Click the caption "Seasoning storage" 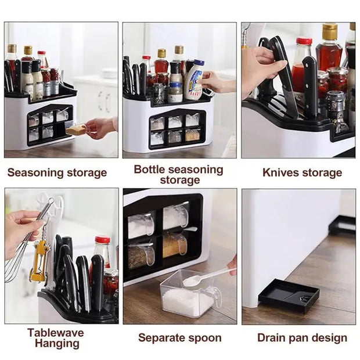pos(57,172)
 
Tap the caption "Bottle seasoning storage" pos(178,174)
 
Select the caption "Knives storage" pos(302,172)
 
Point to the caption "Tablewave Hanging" pos(55,337)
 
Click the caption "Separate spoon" pos(179,337)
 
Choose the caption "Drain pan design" pos(302,337)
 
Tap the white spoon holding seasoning pos(203,277)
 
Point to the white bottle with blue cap pos(194,81)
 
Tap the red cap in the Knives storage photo pos(304,42)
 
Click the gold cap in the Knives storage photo pos(330,28)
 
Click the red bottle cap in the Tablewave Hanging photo pos(102,240)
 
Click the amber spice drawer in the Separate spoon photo pos(174,245)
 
